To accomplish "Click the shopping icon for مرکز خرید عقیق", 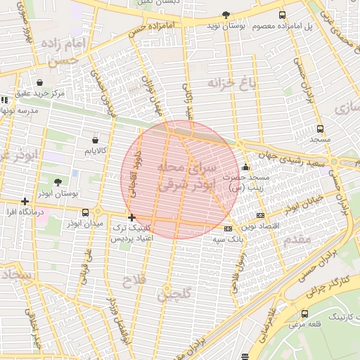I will [x=39, y=82].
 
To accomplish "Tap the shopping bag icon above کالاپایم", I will [x=95, y=139].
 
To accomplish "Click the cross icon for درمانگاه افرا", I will [x=25, y=201].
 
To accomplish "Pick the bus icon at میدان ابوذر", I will [x=86, y=212].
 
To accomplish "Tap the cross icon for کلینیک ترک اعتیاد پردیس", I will [x=131, y=218].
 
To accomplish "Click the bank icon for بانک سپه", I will [x=228, y=229].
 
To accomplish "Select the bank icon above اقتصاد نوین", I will [x=260, y=215].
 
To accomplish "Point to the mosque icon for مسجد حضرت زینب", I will [x=245, y=167].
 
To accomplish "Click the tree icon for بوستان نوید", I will [x=226, y=15].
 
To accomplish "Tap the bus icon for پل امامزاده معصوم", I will [x=283, y=15].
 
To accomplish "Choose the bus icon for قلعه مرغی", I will [x=304, y=314].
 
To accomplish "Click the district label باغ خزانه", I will [x=229, y=84].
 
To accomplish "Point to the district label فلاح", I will [x=134, y=282].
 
